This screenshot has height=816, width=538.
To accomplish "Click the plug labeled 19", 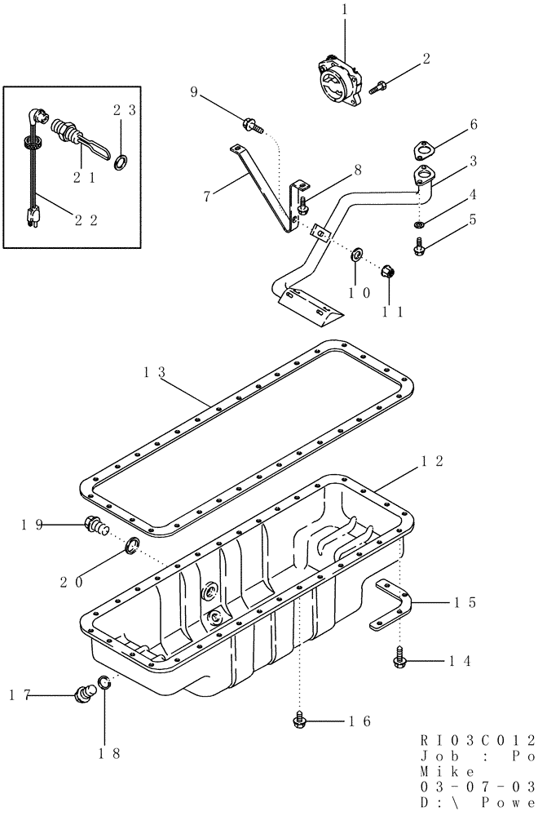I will tap(95, 527).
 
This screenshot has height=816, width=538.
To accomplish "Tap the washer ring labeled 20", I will tap(133, 544).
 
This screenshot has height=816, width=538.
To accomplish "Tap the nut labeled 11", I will tap(390, 272).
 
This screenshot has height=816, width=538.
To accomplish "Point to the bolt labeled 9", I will tap(250, 125).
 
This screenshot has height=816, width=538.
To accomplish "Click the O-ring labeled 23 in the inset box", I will tap(121, 162).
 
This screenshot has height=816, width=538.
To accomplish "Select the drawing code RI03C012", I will tap(478, 742).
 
